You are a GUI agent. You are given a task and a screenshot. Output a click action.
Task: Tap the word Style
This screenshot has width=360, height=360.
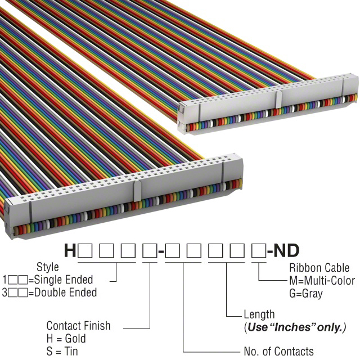47,267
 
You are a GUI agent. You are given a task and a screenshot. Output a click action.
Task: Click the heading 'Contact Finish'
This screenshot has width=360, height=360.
78,326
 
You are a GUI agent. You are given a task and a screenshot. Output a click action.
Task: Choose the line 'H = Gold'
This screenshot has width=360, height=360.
66,339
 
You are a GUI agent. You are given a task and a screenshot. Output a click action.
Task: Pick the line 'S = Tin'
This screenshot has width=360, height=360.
62,352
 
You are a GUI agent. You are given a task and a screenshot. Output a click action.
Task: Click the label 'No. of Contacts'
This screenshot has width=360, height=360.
278,352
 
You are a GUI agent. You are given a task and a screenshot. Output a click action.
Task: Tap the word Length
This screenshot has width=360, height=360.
259,314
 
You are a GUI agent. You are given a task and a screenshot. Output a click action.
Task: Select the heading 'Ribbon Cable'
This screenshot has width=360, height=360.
318,268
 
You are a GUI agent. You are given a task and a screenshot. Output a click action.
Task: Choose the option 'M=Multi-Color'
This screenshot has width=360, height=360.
322,281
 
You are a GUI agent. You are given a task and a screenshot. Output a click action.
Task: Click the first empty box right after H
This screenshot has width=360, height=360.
85,251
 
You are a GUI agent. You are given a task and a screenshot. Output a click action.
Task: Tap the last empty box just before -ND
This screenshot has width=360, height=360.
258,251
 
